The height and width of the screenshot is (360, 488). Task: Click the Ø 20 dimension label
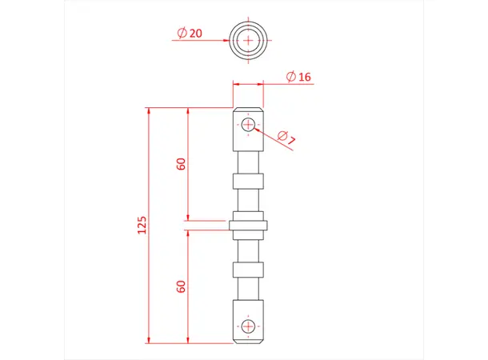tap(189, 34)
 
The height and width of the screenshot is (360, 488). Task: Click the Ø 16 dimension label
tap(298, 78)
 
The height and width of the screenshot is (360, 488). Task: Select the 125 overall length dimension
tap(141, 225)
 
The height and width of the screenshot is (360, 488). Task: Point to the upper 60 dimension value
tap(182, 164)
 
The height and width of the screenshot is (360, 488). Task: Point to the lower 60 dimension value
tap(182, 286)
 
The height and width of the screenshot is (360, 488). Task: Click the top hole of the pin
tap(248, 125)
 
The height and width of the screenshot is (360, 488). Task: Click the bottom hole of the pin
tap(248, 326)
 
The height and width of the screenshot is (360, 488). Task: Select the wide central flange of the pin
tap(248, 225)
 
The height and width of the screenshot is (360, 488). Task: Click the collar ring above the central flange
tap(248, 181)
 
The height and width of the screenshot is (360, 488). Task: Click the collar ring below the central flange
tap(248, 269)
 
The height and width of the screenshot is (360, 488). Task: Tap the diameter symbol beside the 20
tap(181, 34)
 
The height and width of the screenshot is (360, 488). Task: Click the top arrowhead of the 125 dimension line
tap(150, 111)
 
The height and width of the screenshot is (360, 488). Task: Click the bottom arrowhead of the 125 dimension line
tap(150, 338)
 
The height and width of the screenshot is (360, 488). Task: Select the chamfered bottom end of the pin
tap(248, 340)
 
